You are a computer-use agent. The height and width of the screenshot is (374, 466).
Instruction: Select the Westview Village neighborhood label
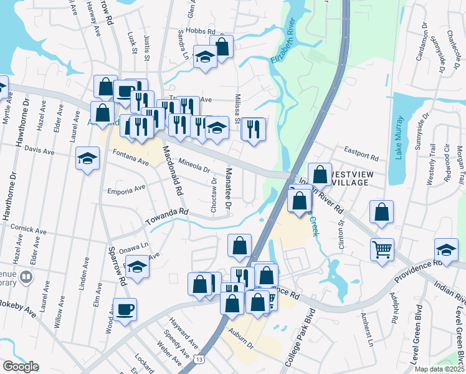(x=343, y=176)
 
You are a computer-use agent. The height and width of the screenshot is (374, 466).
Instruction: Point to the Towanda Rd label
(x=166, y=217)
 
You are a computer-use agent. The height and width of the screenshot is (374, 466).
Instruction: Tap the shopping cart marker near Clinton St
(x=382, y=249)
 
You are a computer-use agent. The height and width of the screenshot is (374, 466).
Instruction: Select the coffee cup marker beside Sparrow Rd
(x=125, y=309)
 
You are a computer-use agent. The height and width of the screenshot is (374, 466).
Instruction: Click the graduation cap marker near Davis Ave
(x=87, y=158)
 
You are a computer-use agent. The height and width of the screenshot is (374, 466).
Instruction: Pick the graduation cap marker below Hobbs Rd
(x=204, y=58)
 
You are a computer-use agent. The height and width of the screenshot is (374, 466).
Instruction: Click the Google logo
(x=21, y=367)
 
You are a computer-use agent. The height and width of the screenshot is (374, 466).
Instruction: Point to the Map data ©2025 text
(x=440, y=369)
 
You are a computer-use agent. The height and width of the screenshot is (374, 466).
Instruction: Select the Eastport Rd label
(x=362, y=153)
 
